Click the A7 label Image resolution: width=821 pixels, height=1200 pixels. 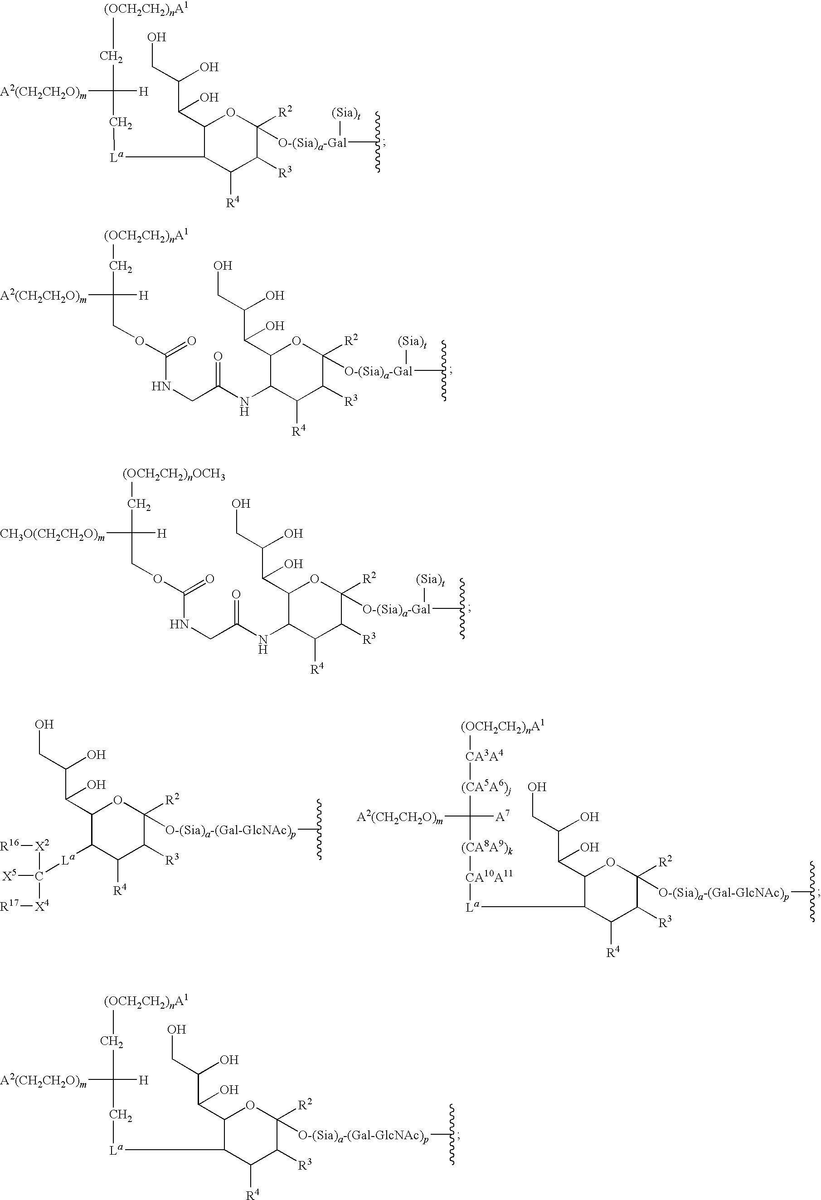(502, 816)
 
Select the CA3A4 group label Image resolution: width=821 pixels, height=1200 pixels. (484, 756)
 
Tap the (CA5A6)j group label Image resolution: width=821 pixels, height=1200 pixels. (486, 787)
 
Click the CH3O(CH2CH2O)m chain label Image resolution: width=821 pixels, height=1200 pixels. (53, 534)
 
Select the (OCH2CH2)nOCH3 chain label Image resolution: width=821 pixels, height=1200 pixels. (174, 475)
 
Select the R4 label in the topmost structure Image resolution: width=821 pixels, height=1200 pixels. (233, 202)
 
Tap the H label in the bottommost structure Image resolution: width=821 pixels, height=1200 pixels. (144, 1080)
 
